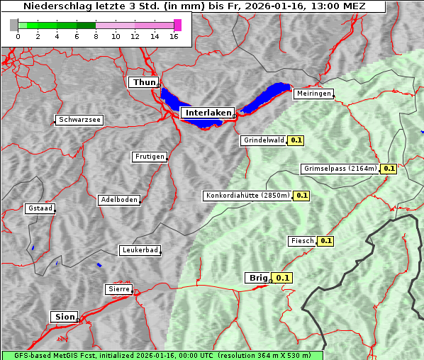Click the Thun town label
point(144,83)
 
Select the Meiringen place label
point(313,94)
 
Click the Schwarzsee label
point(79,120)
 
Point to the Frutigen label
point(150,157)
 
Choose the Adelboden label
point(118,200)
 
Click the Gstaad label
point(40,208)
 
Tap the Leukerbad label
point(140,250)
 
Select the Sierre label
point(118,289)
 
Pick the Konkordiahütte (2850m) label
point(247,195)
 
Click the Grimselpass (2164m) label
point(340,169)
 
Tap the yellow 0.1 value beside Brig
point(283,278)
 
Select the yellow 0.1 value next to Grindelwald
point(296,140)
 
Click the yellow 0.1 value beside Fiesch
point(325,241)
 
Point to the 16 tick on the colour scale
point(174,35)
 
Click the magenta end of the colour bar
point(177,25)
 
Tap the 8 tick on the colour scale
point(96,35)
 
